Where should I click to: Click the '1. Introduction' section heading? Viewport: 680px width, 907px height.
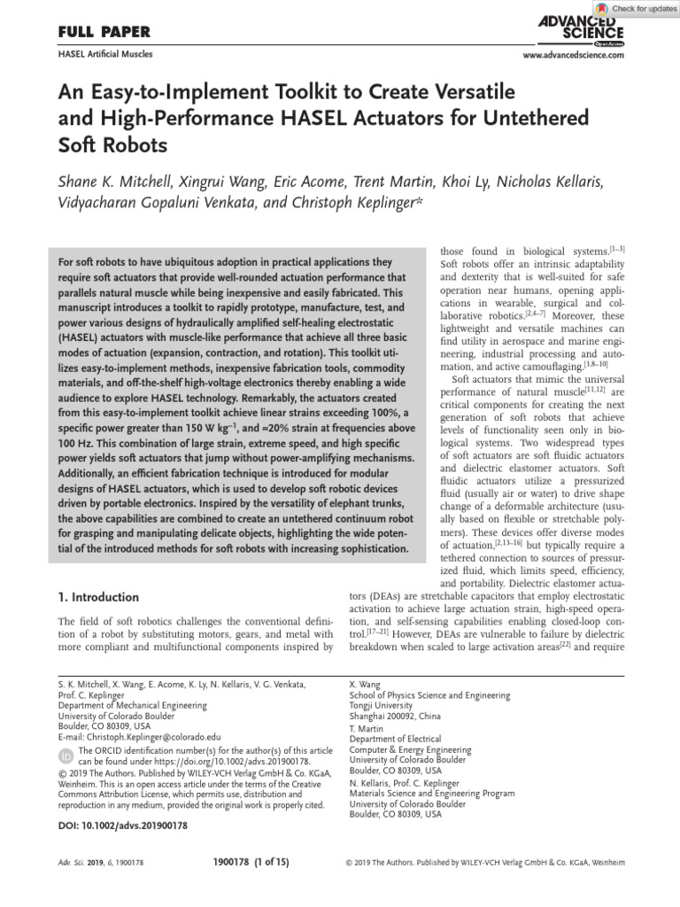coord(97,597)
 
